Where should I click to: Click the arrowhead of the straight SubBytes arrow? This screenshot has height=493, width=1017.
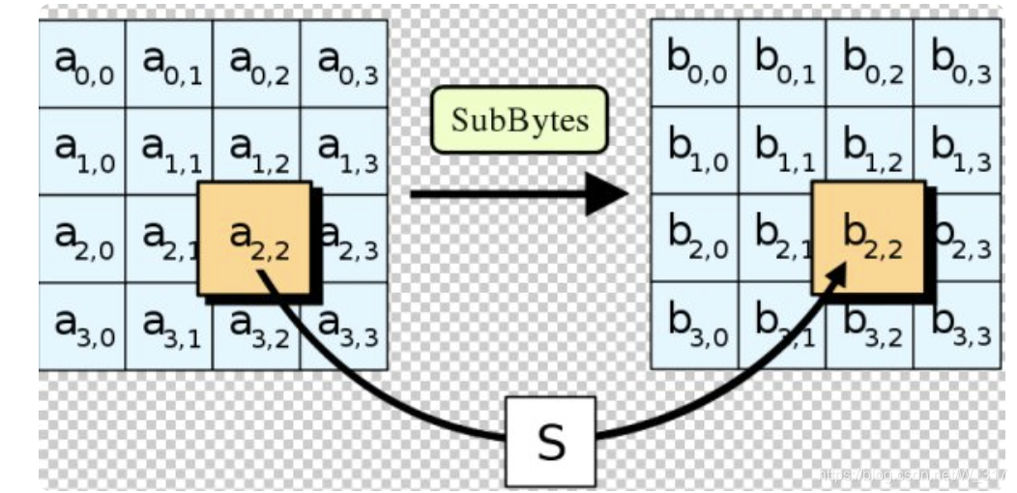[x=607, y=195]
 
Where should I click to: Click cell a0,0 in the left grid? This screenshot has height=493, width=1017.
[x=82, y=64]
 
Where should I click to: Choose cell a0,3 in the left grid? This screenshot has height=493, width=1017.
[x=344, y=64]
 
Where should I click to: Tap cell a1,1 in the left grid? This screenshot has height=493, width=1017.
[x=169, y=151]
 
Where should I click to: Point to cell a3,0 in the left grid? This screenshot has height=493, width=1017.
[x=82, y=327]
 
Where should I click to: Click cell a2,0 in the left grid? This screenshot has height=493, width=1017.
[x=82, y=239]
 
